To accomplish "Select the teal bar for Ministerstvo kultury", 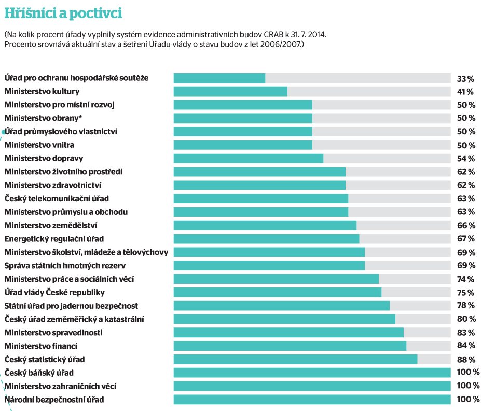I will click(230, 91).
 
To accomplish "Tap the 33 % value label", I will click(465, 79).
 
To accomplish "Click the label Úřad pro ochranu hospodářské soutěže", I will click(77, 78).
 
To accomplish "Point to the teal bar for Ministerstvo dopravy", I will click(248, 158).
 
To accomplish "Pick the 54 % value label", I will click(465, 159).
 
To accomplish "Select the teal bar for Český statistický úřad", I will click(295, 359).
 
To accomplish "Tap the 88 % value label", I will click(465, 359).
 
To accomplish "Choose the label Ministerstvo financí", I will click(41, 346).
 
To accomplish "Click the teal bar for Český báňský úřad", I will click(312, 373).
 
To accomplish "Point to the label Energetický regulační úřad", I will click(54, 239).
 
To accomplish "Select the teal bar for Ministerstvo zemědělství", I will click(265, 225).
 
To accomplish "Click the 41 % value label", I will click(465, 92).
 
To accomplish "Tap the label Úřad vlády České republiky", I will click(54, 292).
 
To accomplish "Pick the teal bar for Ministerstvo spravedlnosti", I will click(288, 332).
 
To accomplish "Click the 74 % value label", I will click(465, 279).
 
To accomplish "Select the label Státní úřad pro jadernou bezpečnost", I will click(71, 306).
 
